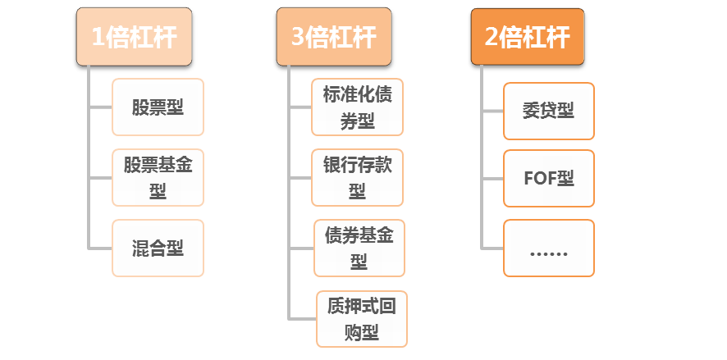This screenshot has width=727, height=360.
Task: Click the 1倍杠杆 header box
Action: pyautogui.click(x=135, y=38)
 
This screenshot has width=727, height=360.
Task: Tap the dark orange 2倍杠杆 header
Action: pyautogui.click(x=528, y=38)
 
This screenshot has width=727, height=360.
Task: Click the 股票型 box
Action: pyautogui.click(x=158, y=107)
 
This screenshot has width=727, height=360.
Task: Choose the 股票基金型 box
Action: pyautogui.click(x=158, y=178)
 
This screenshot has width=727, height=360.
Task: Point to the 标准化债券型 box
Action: pyautogui.click(x=357, y=107)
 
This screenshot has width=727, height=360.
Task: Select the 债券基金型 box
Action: pyautogui.click(x=359, y=248)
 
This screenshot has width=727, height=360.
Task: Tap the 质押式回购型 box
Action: pyautogui.click(x=361, y=319)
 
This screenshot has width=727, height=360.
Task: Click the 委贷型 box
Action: pyautogui.click(x=548, y=111)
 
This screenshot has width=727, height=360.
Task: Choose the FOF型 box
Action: pyautogui.click(x=548, y=178)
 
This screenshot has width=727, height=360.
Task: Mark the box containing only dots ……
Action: pyautogui.click(x=548, y=248)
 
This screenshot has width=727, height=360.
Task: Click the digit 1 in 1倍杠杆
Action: pyautogui.click(x=98, y=38)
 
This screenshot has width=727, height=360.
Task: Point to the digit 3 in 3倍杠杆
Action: pyautogui.click(x=298, y=38)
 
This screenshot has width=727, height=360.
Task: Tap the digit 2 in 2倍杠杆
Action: pyautogui.click(x=492, y=38)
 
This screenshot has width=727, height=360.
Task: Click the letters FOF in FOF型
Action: pyautogui.click(x=539, y=178)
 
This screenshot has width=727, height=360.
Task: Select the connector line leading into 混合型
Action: pyautogui.click(x=100, y=248)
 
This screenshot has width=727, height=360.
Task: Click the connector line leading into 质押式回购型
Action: pyautogui.click(x=302, y=318)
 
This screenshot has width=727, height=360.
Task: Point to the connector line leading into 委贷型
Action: pyautogui.click(x=492, y=110)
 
